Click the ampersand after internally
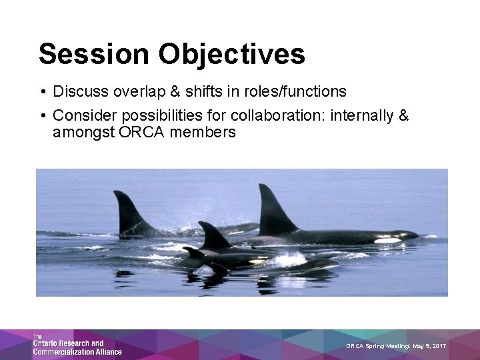(x=403, y=116)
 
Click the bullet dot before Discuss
(x=42, y=91)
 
